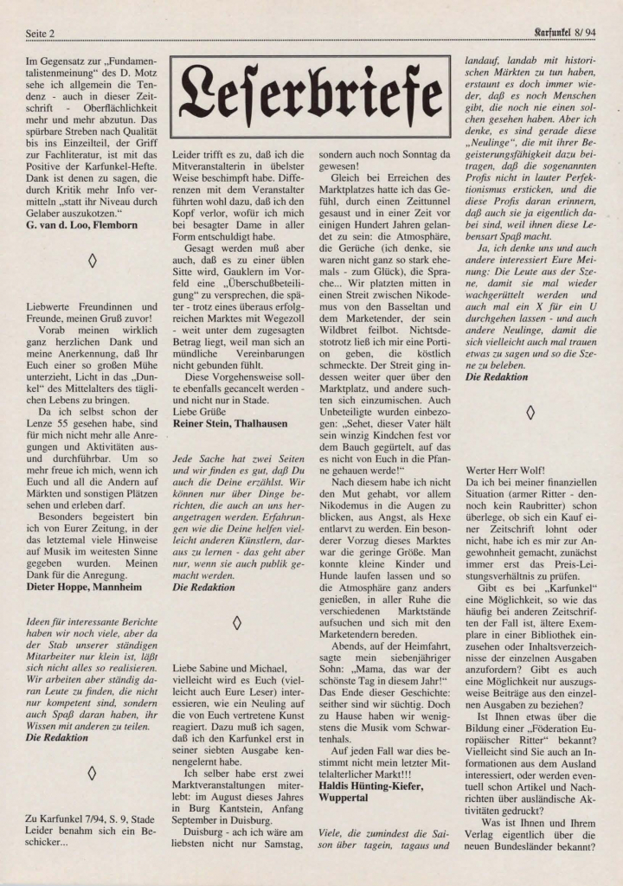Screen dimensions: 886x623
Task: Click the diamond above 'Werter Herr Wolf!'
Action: tap(530, 412)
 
